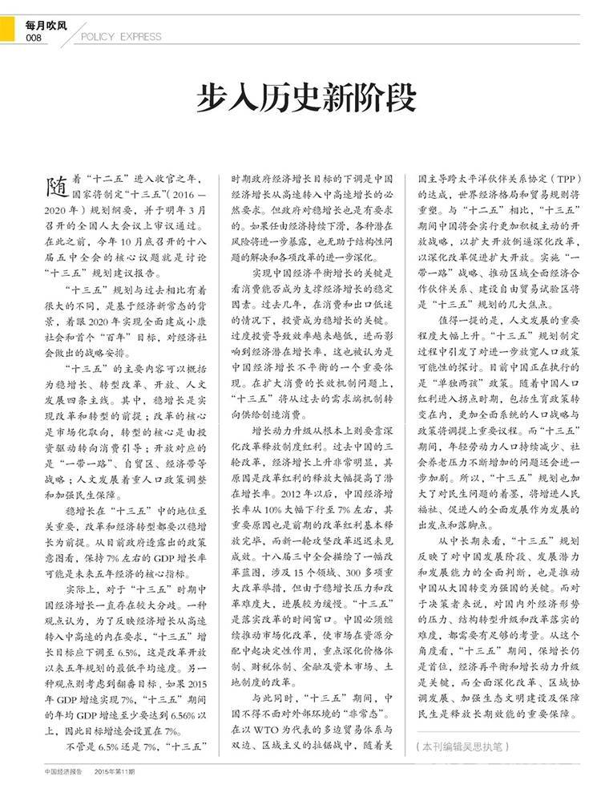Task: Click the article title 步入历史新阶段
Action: click(x=307, y=100)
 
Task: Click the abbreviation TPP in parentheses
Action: click(x=560, y=178)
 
